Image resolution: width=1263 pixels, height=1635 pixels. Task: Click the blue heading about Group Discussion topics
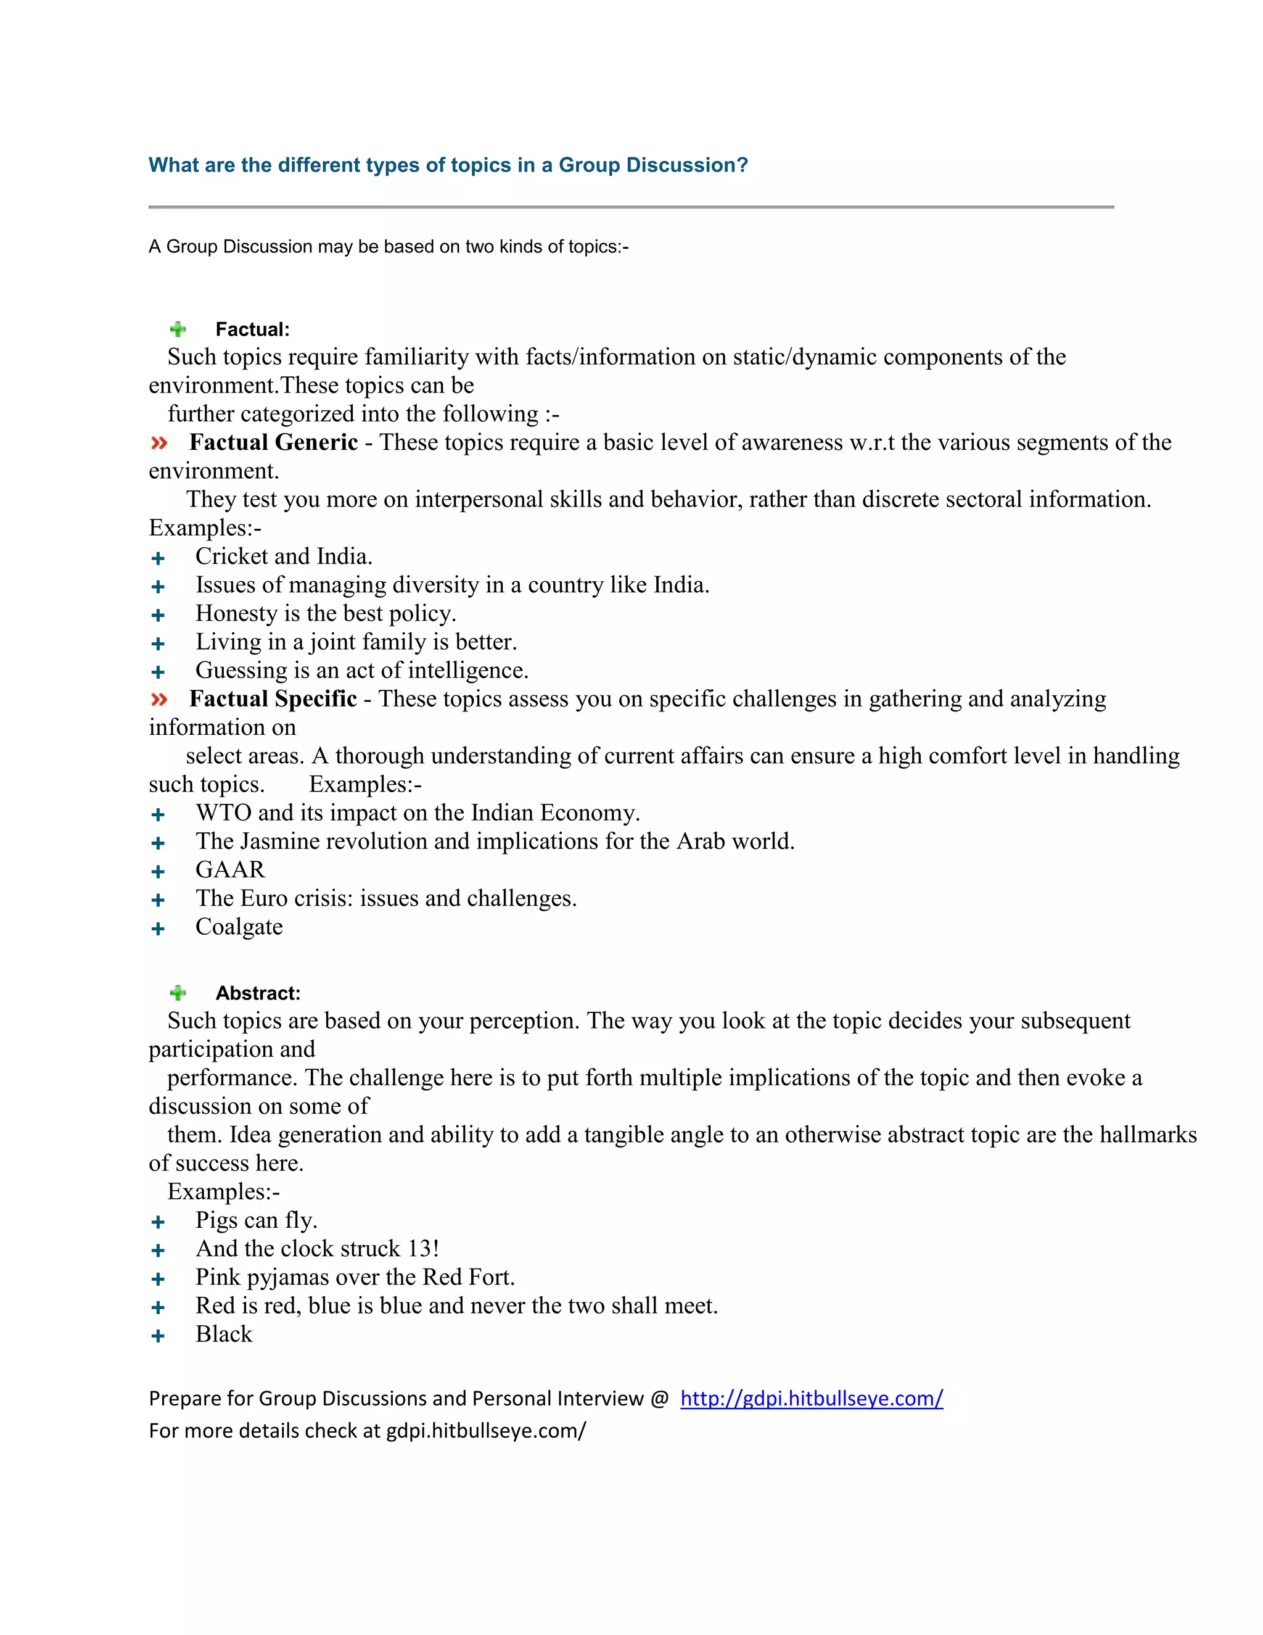[x=448, y=165]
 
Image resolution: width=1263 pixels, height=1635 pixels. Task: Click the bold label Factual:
[x=252, y=329]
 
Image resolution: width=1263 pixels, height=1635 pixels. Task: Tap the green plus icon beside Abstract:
[x=178, y=993]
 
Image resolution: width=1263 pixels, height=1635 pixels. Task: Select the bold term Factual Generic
[x=273, y=442]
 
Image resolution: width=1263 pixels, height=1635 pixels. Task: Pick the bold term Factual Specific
[x=273, y=698]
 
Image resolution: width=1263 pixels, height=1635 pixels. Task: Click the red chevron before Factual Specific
[x=158, y=699]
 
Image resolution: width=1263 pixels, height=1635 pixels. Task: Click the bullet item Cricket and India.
[x=284, y=557]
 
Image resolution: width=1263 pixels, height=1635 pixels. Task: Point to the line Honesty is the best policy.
[x=326, y=613]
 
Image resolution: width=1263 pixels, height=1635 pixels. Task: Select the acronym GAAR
[x=229, y=869]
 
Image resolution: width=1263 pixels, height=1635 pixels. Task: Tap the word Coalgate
[x=239, y=927]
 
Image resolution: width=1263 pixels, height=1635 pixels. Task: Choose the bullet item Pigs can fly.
[x=256, y=1220]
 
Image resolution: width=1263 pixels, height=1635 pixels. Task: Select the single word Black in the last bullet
[x=224, y=1334]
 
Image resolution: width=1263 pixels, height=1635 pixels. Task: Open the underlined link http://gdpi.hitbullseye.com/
[x=811, y=1399]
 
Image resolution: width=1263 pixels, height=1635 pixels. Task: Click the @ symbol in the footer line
[x=659, y=1399]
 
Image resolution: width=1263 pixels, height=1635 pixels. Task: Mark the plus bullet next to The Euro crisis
[x=158, y=900]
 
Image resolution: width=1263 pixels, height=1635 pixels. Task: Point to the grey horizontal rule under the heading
[x=631, y=207]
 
